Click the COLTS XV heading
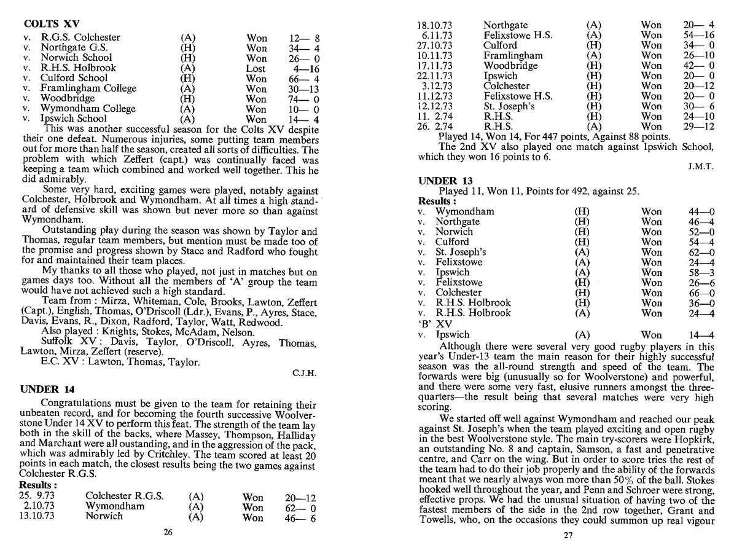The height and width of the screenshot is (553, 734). tap(48, 25)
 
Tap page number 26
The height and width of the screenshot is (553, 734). tap(168, 533)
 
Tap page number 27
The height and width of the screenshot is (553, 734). tap(568, 535)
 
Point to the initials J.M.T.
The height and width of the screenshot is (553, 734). tap(701, 167)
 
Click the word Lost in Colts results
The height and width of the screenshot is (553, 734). tap(256, 68)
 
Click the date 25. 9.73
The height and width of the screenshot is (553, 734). tap(37, 496)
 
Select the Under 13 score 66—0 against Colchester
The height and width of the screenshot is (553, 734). tap(701, 292)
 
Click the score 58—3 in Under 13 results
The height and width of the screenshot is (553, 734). tap(701, 272)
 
